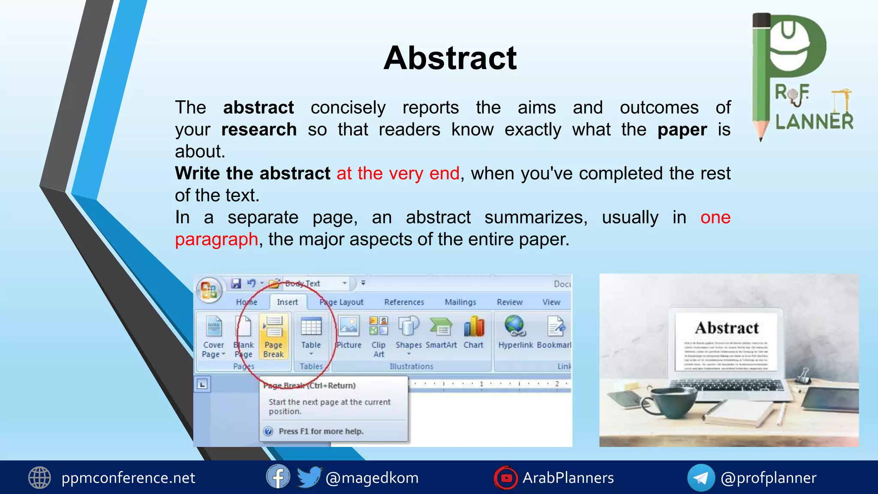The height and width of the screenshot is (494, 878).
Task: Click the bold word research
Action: (259, 130)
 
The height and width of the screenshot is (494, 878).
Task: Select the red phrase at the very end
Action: (398, 173)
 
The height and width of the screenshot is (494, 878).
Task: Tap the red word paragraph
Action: (216, 239)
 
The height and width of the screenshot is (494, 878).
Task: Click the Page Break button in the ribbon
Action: (274, 337)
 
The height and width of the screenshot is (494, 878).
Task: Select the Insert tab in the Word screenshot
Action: (287, 302)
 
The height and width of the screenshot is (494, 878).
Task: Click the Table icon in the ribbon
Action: (311, 332)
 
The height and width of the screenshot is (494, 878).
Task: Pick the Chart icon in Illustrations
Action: (473, 332)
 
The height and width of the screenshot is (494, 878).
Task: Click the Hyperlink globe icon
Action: (515, 326)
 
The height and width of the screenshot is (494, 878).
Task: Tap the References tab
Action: (404, 302)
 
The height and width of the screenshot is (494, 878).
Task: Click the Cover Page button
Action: (213, 337)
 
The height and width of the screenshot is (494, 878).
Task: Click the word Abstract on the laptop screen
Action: (727, 328)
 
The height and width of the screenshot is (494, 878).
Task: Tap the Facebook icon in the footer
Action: (278, 477)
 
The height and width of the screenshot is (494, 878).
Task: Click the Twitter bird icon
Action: (308, 477)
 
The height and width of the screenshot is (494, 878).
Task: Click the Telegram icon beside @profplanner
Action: (701, 477)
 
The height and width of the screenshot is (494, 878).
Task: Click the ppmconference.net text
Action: (128, 477)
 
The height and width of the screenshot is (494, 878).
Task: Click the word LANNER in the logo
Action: (814, 121)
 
